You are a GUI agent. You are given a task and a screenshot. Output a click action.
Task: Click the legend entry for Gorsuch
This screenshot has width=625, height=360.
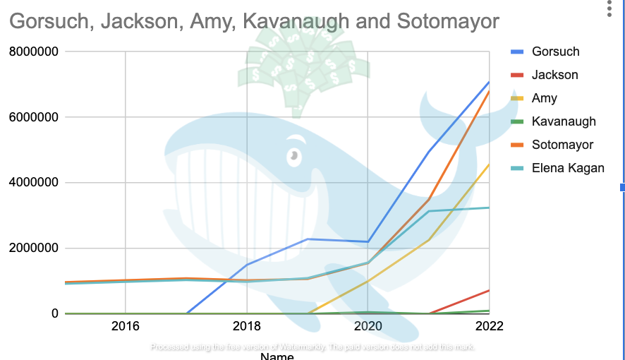coord(555,52)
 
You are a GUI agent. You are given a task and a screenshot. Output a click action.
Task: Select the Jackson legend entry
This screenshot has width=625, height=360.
coord(554,75)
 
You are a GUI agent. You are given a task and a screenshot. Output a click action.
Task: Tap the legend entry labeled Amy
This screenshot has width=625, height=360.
coord(545,98)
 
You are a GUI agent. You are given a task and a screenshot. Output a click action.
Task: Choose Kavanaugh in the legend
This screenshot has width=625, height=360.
coord(564,121)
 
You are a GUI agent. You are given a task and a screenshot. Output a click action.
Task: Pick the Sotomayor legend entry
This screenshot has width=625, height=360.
coord(562,145)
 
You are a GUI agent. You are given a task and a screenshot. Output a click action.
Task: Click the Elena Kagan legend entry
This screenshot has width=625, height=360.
coord(568,168)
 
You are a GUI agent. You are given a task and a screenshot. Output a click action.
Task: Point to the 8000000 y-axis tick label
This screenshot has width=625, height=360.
coord(32,52)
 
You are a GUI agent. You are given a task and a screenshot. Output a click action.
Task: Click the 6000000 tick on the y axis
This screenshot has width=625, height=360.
coord(32,117)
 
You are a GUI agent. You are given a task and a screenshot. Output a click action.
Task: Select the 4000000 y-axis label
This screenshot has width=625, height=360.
coord(32,183)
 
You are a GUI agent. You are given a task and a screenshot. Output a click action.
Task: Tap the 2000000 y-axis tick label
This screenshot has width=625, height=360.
coord(32,248)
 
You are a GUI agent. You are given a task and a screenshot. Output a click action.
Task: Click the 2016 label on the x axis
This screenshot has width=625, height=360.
coord(125,326)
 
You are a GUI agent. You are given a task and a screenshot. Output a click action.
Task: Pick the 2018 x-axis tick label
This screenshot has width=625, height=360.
coord(246,326)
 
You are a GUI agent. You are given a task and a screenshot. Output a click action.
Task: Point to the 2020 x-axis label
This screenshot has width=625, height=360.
coord(368,326)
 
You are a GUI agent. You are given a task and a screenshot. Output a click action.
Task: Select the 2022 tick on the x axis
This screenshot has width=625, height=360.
coord(489,326)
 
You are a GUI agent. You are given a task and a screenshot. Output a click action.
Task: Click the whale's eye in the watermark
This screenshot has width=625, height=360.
coord(292,155)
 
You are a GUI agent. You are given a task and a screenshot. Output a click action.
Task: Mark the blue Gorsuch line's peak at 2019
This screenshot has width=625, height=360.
coord(308,239)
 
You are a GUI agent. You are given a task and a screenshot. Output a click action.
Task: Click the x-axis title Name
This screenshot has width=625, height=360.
coord(277,356)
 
